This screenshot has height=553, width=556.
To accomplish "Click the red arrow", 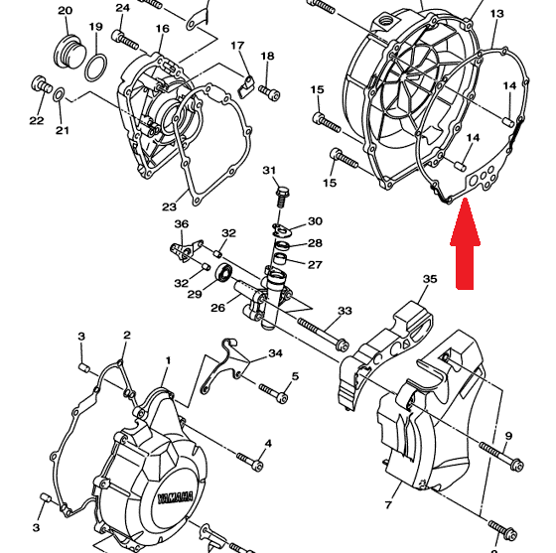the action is pyautogui.click(x=466, y=244).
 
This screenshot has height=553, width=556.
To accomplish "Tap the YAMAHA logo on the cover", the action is pyautogui.click(x=176, y=497).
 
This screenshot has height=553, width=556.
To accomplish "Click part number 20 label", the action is pyautogui.click(x=65, y=11).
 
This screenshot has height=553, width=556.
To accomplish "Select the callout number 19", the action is pyautogui.click(x=95, y=27).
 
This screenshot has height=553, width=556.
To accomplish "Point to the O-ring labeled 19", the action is pyautogui.click(x=95, y=67).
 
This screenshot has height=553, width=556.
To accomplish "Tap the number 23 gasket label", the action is pyautogui.click(x=169, y=207).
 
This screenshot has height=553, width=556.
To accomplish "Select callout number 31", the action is pyautogui.click(x=269, y=171).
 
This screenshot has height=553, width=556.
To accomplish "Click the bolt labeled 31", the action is pyautogui.click(x=281, y=200).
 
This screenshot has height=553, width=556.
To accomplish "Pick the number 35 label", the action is pyautogui.click(x=430, y=279).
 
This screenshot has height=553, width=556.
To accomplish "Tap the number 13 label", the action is pyautogui.click(x=496, y=14).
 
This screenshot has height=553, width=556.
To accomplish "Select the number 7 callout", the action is pyautogui.click(x=388, y=504).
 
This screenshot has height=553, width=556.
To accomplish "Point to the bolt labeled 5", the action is pyautogui.click(x=273, y=392).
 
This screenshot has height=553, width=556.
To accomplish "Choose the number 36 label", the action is pyautogui.click(x=181, y=224).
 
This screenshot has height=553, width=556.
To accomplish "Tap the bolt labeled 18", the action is pyautogui.click(x=269, y=92).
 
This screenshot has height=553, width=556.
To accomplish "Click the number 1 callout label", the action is pyautogui.click(x=168, y=360).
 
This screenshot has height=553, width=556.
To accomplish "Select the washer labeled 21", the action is pyautogui.click(x=59, y=95).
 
